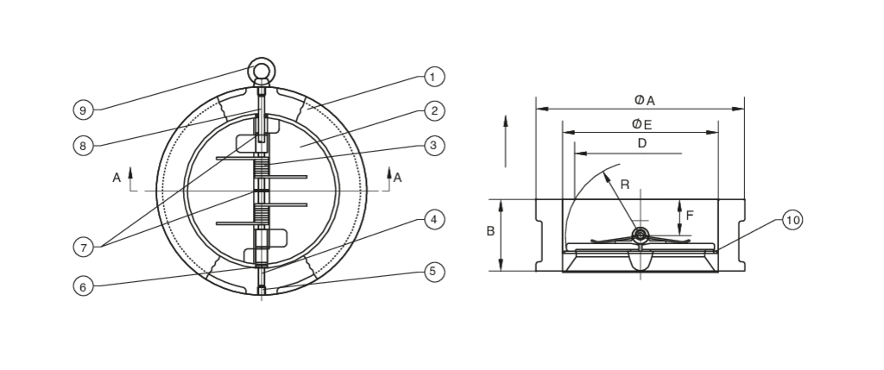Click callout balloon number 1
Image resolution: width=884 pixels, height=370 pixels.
[x=434, y=77]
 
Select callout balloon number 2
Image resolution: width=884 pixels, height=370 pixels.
[x=434, y=111]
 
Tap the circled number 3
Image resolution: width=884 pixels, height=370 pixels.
[x=434, y=146]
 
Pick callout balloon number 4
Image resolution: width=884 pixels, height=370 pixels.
[x=434, y=220]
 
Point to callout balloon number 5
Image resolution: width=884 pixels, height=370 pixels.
[x=434, y=272]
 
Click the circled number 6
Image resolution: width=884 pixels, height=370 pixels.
[x=84, y=286]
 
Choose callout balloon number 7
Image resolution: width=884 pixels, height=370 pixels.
[x=84, y=247]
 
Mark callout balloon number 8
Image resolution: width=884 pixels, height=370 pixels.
[x=84, y=146]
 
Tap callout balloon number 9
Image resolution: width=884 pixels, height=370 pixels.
[x=84, y=110]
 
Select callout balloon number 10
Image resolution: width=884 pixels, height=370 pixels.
[x=792, y=220]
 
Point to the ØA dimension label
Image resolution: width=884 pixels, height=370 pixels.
[x=644, y=101]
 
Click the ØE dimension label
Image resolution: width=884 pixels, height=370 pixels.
[x=642, y=124]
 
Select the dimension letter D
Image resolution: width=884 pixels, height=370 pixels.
[x=642, y=144]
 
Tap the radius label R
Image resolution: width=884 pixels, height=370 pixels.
[x=625, y=185]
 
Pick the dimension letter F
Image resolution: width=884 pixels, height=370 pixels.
[x=690, y=216]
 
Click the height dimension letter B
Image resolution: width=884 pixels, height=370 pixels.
[x=490, y=231]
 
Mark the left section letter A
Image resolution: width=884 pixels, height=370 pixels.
[x=117, y=178]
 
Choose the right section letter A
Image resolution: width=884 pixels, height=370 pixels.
[x=397, y=178]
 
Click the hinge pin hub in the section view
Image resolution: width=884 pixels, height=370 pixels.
[x=641, y=235]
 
